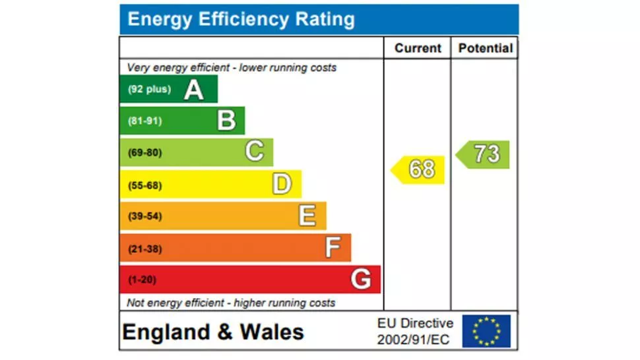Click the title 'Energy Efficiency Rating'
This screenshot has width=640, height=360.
pos(241,19)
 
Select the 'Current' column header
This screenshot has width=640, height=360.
pos(418,48)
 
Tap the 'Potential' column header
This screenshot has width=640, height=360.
pos(485,48)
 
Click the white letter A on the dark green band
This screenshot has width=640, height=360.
pos(193,89)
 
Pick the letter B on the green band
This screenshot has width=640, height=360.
pos(226,121)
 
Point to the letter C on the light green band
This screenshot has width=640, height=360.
pos(255,152)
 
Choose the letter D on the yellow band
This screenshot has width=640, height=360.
pos(282,185)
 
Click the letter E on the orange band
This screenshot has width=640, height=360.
pos(307,216)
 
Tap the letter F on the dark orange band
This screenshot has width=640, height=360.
pos(333,248)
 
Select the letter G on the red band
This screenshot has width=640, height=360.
pos(360,280)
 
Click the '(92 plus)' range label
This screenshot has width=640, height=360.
pos(149,90)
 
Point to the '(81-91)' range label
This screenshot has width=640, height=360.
pos(144,121)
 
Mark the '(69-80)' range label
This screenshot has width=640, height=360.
pos(144,153)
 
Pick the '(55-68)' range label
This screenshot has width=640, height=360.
pos(144,185)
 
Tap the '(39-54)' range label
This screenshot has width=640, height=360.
pos(144,216)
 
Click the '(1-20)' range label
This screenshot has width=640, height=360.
pos(142,280)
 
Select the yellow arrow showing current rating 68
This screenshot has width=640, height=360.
pos(419,169)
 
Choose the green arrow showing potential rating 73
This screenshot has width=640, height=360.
pos(484,154)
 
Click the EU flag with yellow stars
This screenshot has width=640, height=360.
pos(486,331)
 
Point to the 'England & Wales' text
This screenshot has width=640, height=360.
pos(213,332)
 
